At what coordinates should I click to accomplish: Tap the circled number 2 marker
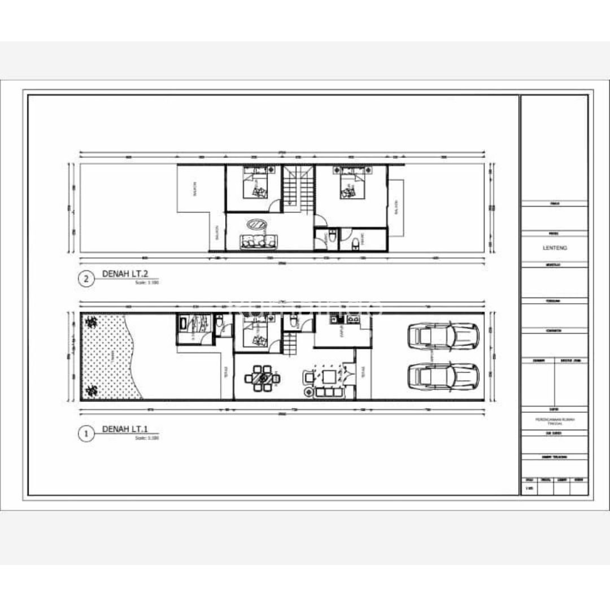[x=86, y=278]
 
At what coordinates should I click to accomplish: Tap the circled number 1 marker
[x=86, y=434]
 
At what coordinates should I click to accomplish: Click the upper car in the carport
[x=443, y=337]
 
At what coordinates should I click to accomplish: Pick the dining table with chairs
[x=262, y=378]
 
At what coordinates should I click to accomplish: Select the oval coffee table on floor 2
[x=259, y=224]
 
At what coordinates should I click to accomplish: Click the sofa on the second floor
[x=260, y=242]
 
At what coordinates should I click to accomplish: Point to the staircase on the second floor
[x=298, y=189]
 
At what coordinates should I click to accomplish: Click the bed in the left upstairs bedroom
[x=256, y=184]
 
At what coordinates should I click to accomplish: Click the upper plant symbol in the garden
[x=90, y=322]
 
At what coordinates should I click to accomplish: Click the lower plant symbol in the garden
[x=90, y=390]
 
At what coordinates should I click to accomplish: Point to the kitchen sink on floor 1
[x=355, y=320]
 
